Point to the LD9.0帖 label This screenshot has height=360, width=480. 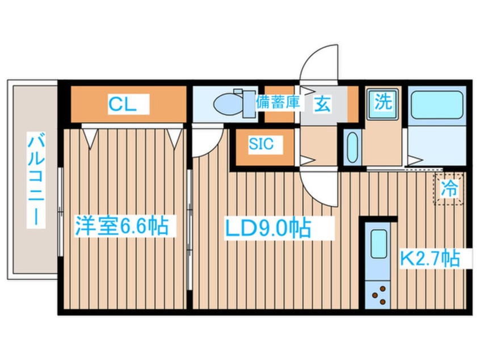(x=268, y=228)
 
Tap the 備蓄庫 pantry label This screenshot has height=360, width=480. (x=277, y=103)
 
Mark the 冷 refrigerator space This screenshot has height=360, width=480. (x=449, y=188)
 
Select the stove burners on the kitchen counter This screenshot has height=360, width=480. (x=379, y=294)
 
